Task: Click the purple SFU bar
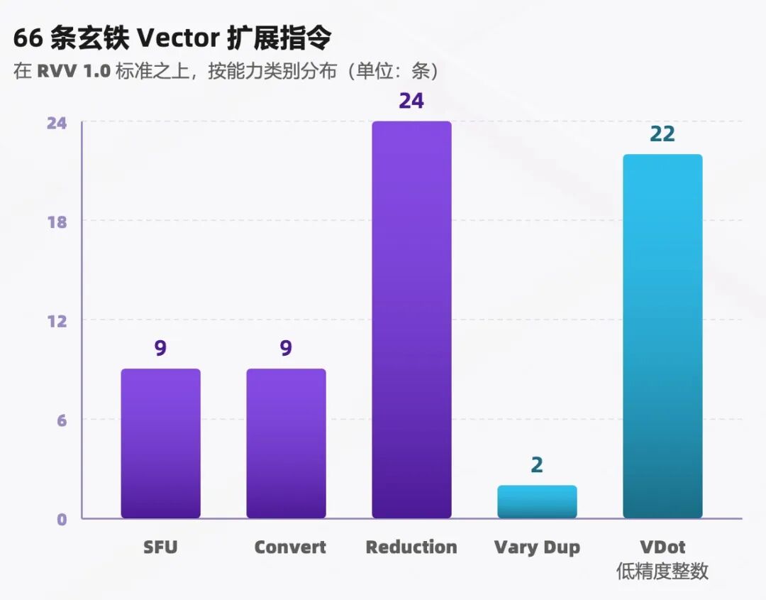coord(161,443)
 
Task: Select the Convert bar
coord(287,443)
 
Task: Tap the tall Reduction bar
coord(412,320)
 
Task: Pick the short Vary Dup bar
coord(538,502)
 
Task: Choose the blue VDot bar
coord(663,336)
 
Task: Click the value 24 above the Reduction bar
coord(411,101)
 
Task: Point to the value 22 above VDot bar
coord(662,134)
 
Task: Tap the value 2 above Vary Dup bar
coord(537,465)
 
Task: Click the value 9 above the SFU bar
coord(160,348)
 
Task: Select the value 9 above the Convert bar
coord(286,348)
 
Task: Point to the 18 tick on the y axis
coord(57,222)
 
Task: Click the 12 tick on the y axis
coord(57,322)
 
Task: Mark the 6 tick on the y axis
coord(62,420)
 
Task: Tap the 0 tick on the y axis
coord(62,519)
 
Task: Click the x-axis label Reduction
coord(411,547)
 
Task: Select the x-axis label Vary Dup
coord(537,547)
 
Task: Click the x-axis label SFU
coord(160,547)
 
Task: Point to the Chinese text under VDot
coord(662,571)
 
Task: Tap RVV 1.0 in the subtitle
coord(74,72)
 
